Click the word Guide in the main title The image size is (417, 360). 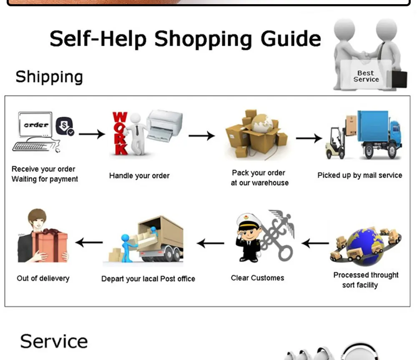point(291,39)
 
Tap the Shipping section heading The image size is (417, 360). point(49,77)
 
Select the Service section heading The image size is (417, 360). point(54,341)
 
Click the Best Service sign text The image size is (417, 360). point(366,76)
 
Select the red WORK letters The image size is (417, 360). point(120,133)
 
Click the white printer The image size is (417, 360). point(165,125)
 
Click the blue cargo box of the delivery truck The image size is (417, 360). point(372,126)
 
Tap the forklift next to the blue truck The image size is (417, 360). point(336,143)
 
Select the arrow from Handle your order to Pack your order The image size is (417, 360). point(201,136)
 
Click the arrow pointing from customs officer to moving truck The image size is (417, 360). point(210,243)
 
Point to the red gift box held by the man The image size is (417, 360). point(50,246)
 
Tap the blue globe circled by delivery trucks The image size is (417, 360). point(366,246)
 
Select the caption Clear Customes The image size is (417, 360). point(257,278)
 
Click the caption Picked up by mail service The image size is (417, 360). point(359,175)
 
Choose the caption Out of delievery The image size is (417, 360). point(43,278)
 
